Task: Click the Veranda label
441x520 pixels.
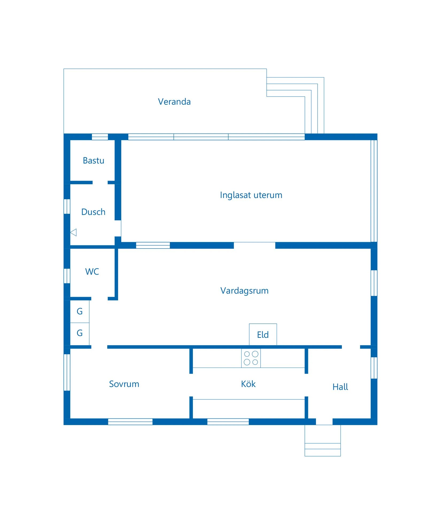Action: tap(174, 102)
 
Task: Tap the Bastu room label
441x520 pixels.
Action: tap(93, 160)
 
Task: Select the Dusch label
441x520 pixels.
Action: tap(93, 212)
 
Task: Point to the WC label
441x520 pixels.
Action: tap(92, 272)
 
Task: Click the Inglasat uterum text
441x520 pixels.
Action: tap(251, 195)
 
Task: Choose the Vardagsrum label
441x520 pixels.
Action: tap(244, 290)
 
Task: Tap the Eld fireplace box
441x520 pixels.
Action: tap(263, 334)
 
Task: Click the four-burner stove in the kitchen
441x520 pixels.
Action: tap(251, 358)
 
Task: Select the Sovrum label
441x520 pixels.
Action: tap(124, 384)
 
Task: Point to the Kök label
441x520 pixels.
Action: tap(248, 384)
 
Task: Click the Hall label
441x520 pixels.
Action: tap(340, 387)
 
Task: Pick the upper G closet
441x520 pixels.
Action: tap(80, 311)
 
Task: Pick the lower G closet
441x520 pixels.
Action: tap(80, 334)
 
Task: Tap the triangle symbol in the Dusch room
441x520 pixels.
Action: tap(73, 232)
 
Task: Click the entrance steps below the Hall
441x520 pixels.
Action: tap(323, 440)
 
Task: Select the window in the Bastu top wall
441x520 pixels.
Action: tap(100, 137)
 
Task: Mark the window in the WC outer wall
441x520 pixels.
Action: tap(67, 276)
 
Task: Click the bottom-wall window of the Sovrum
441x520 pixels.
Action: tap(130, 422)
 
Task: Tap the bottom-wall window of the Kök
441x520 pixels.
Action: tap(228, 422)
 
